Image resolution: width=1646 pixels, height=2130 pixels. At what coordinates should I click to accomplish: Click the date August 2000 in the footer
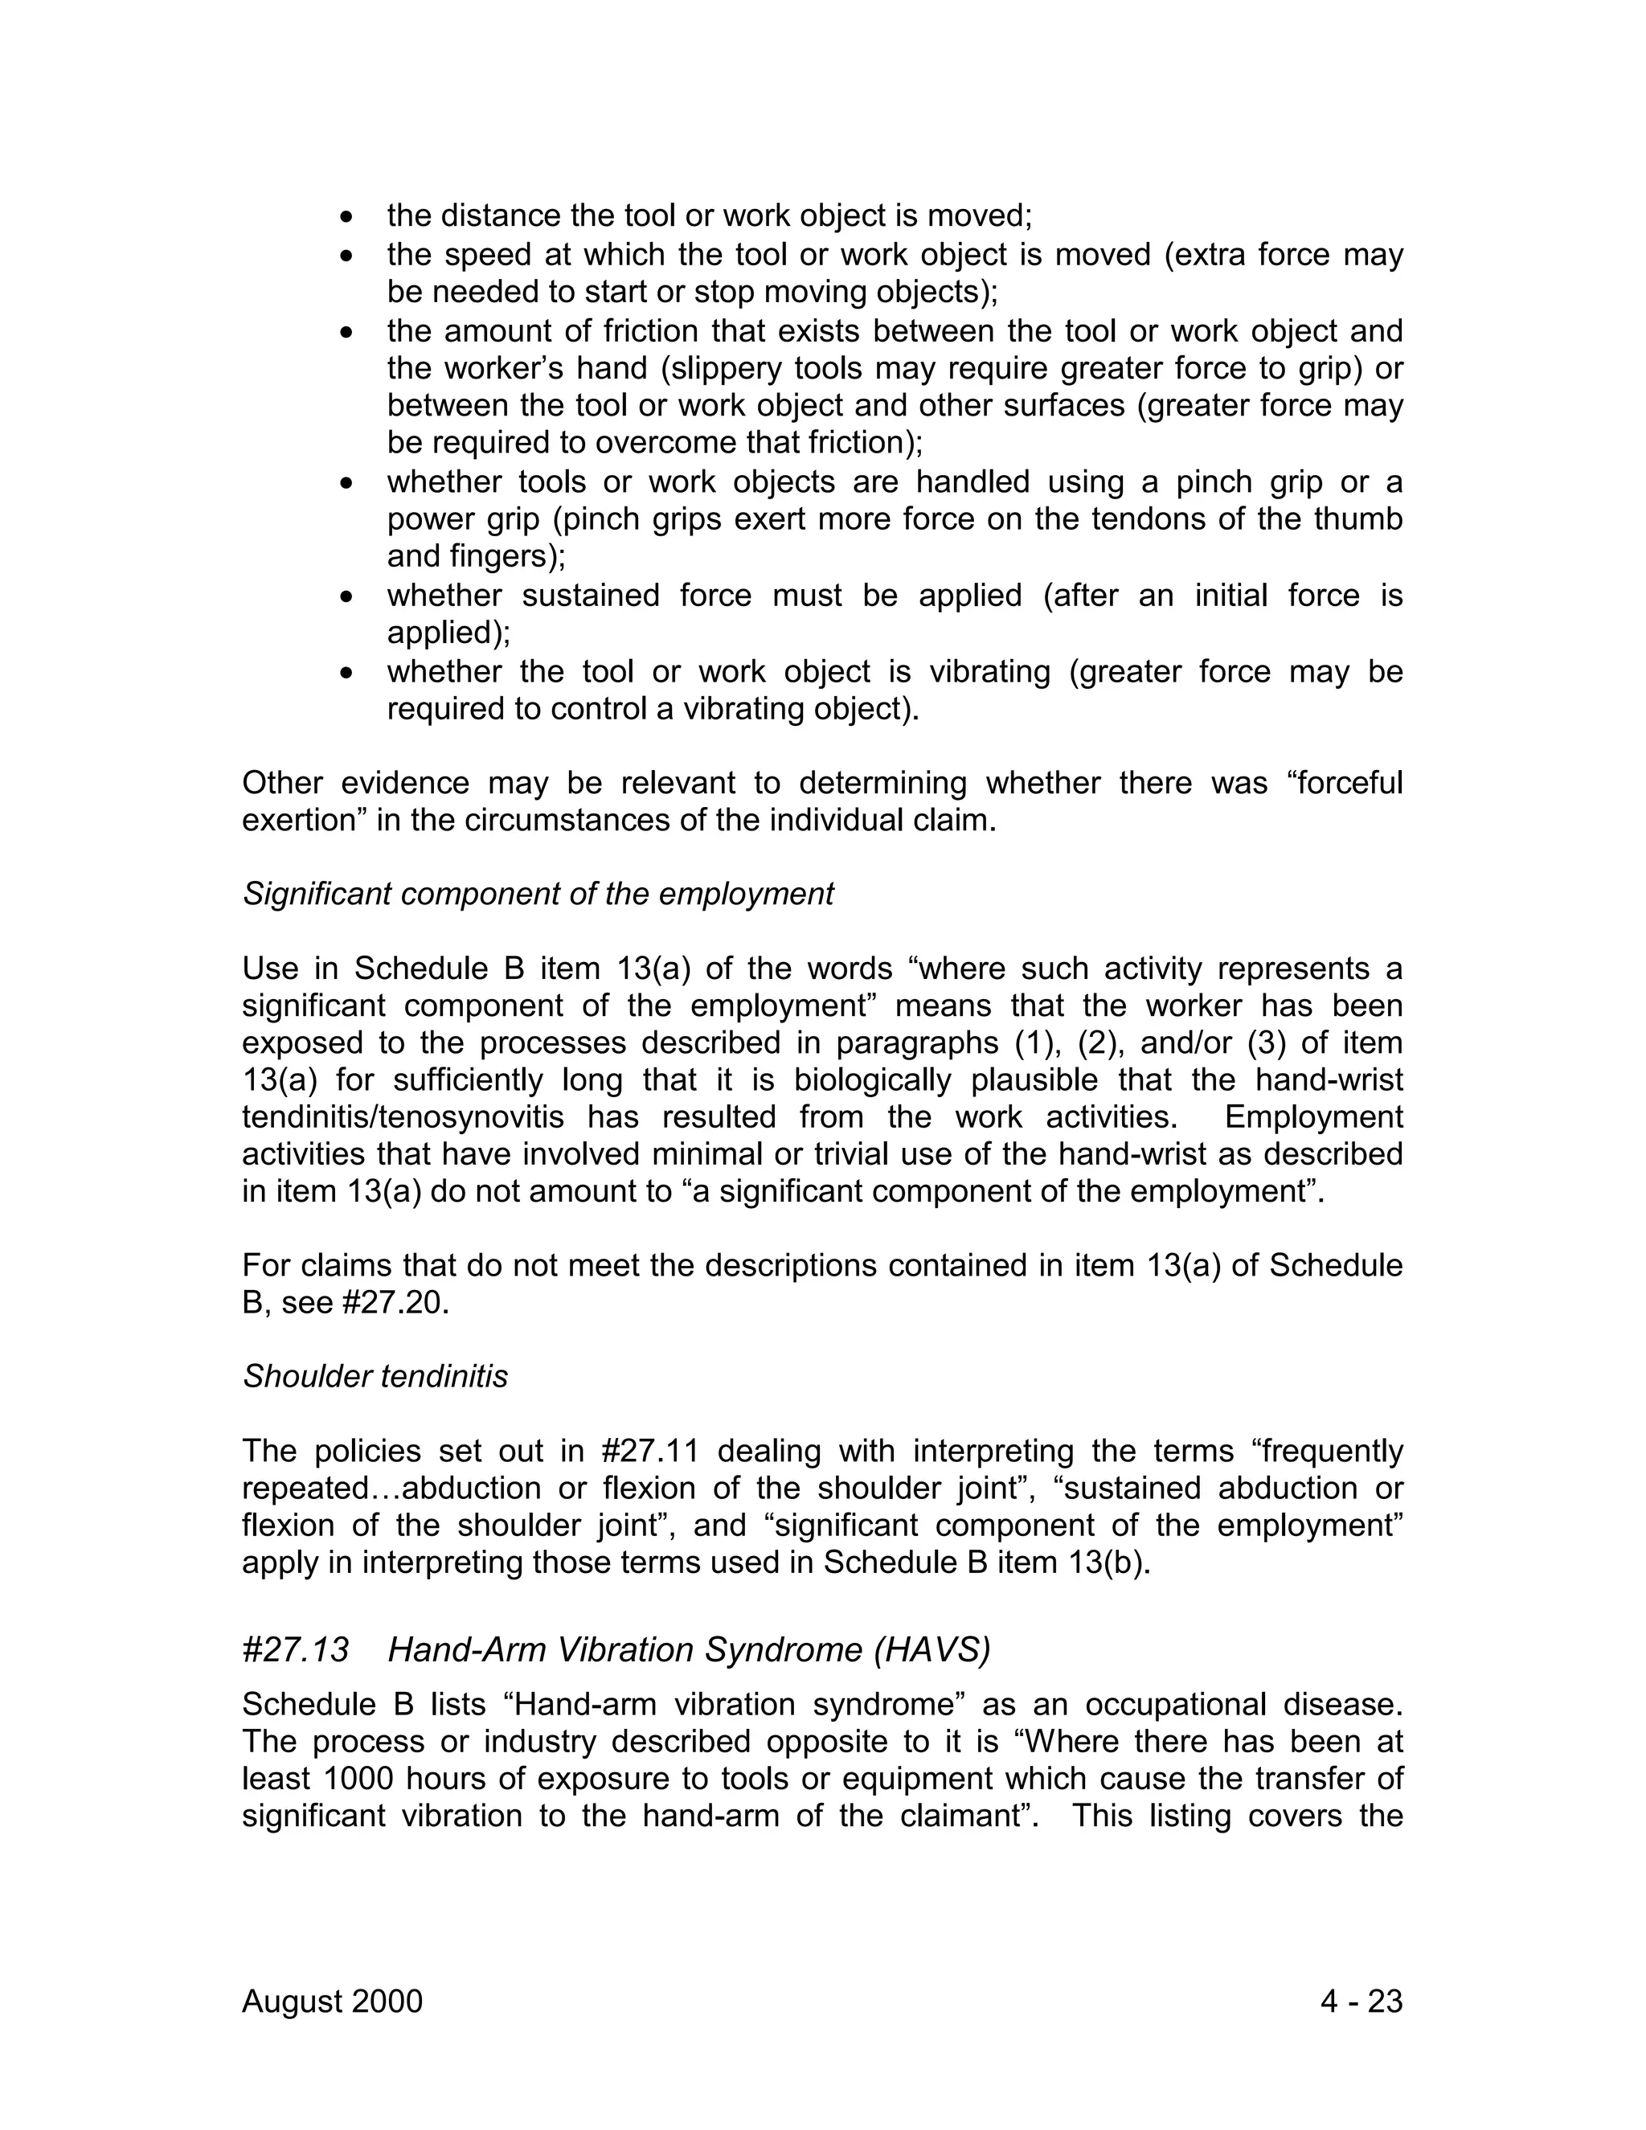[332, 2001]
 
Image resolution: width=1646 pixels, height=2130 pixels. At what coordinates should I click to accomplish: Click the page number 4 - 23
[1361, 2001]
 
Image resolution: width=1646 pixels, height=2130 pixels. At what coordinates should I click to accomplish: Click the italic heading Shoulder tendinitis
[375, 1376]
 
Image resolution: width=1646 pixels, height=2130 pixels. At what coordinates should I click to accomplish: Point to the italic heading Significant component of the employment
[538, 893]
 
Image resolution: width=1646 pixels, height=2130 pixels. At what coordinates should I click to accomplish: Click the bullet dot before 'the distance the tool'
[347, 216]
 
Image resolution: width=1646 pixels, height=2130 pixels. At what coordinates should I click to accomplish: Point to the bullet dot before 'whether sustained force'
[347, 596]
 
